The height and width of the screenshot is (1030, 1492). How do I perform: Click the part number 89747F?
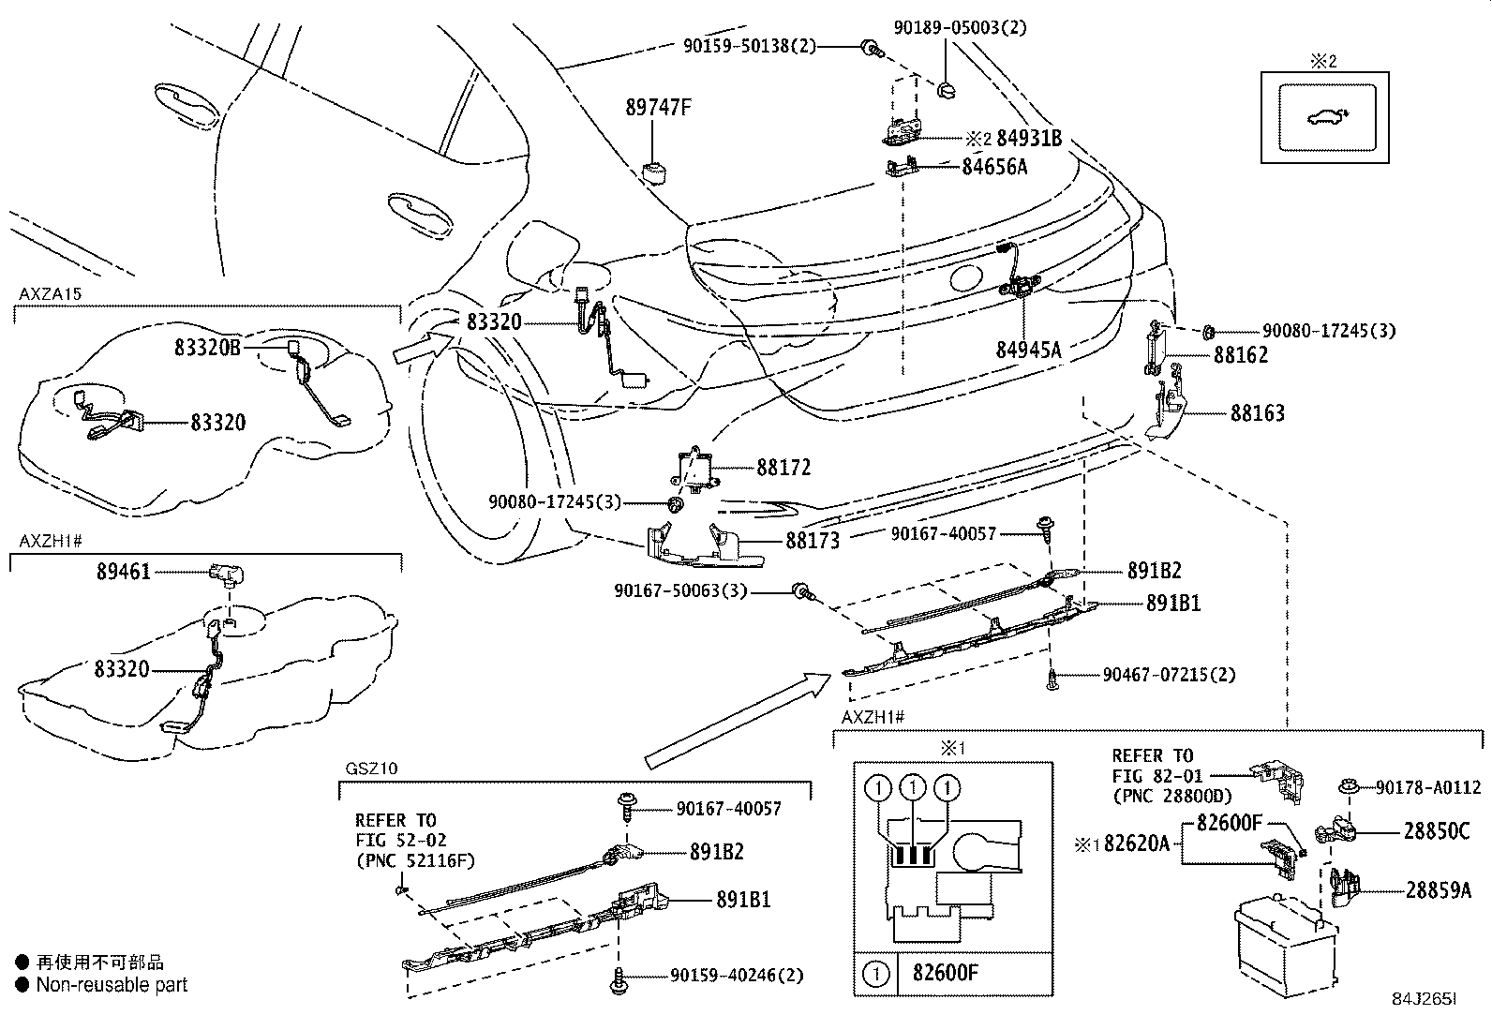coord(658,108)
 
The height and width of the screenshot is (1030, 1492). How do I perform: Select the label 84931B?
coord(1028,139)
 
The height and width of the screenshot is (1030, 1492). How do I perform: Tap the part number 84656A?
coord(994,167)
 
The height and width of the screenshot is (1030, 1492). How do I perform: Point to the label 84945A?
coord(1028,350)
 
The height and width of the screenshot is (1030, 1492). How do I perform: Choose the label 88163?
coord(1257,413)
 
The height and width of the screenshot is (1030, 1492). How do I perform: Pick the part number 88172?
coord(783,467)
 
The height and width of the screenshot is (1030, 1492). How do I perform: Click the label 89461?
coord(123,571)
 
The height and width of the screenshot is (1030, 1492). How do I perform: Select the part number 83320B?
coord(207,347)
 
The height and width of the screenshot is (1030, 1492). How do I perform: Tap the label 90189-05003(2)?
coord(960,28)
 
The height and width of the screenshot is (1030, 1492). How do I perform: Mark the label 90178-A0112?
coord(1428,788)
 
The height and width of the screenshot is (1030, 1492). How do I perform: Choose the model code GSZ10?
coord(371,768)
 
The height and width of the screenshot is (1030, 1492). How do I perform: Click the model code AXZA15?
coord(51,293)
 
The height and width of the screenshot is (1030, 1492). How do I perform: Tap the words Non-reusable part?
coord(112,985)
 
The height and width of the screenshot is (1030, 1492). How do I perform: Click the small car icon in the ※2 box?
coord(1321,118)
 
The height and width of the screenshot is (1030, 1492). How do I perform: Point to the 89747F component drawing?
coord(653,172)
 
